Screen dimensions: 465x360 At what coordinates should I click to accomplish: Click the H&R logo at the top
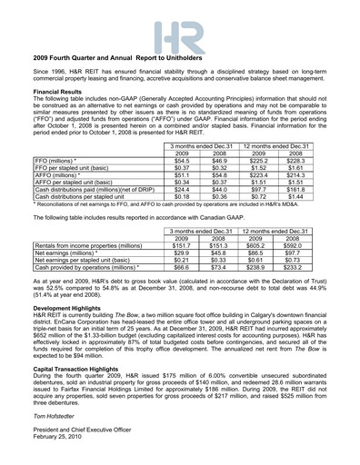[179, 37]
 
